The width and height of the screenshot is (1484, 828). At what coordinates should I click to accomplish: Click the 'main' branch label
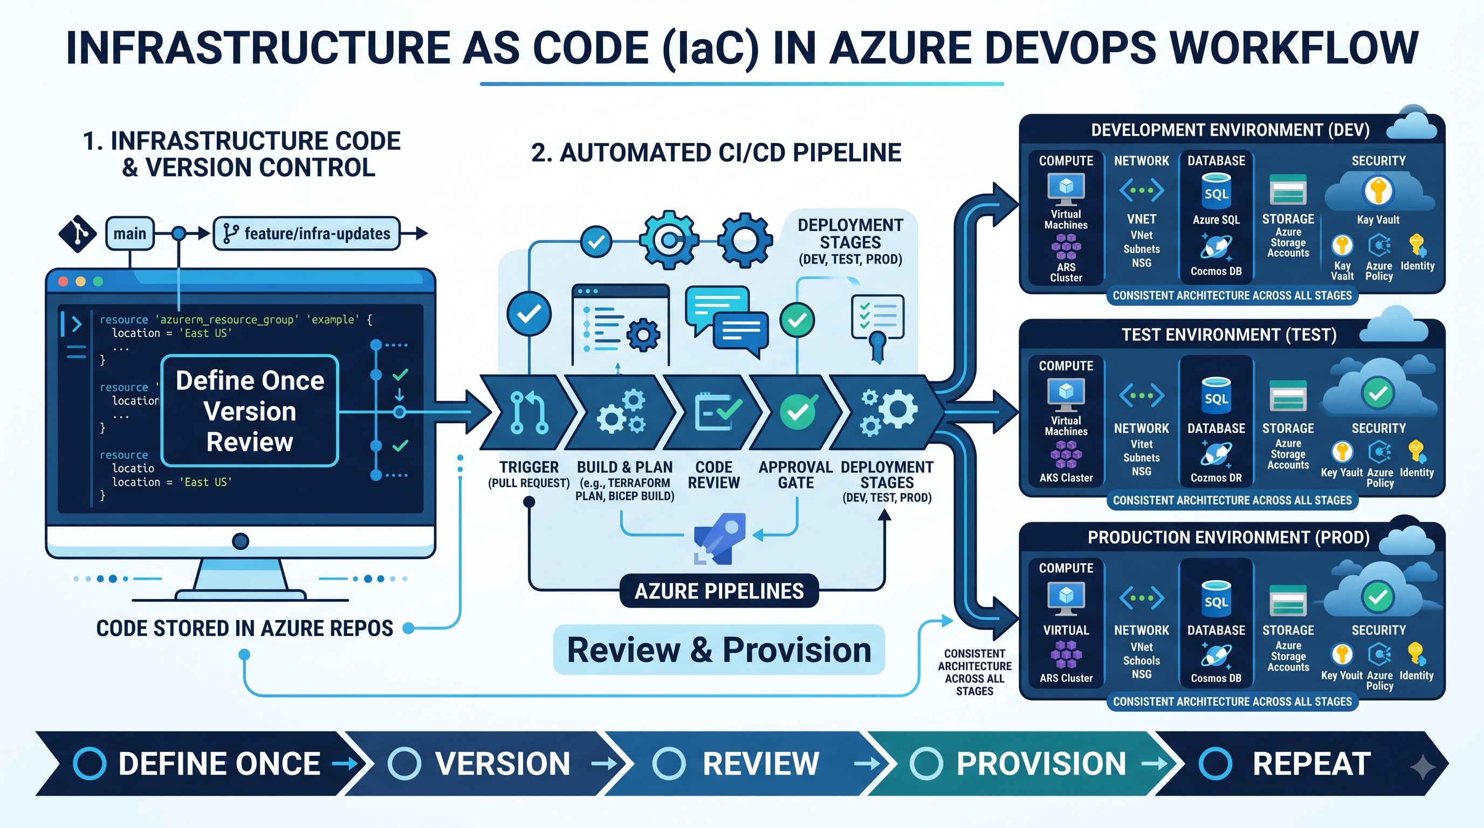pyautogui.click(x=129, y=233)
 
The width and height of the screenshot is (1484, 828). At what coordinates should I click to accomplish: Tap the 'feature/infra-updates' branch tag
pyautogui.click(x=306, y=233)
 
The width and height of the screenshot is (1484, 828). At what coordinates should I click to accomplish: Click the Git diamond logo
pyautogui.click(x=78, y=234)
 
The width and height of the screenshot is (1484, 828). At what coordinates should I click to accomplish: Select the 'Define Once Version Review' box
pyautogui.click(x=250, y=411)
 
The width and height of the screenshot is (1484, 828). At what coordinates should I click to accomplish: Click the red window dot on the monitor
pyautogui.click(x=64, y=281)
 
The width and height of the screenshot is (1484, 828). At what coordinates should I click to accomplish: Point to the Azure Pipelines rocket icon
pyautogui.click(x=720, y=539)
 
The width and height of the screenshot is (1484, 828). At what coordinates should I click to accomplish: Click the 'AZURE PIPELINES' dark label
pyautogui.click(x=719, y=591)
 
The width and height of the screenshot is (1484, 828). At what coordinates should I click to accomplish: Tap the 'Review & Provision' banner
pyautogui.click(x=719, y=650)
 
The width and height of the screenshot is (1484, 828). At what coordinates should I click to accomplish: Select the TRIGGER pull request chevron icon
pyautogui.click(x=528, y=412)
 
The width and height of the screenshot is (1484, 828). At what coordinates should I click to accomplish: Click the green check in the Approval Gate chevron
pyautogui.click(x=798, y=411)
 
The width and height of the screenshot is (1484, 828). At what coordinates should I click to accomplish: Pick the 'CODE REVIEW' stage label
pyautogui.click(x=714, y=475)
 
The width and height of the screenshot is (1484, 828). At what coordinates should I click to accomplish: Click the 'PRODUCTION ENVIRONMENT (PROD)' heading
pyautogui.click(x=1229, y=537)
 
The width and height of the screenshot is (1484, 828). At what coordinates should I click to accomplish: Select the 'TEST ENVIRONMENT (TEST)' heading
pyautogui.click(x=1229, y=335)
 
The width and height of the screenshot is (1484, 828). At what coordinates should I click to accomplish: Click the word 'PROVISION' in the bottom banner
pyautogui.click(x=1041, y=763)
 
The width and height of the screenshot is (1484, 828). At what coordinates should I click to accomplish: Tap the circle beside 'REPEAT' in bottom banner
pyautogui.click(x=1215, y=763)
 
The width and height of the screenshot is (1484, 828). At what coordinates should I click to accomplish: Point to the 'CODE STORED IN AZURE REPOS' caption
pyautogui.click(x=245, y=628)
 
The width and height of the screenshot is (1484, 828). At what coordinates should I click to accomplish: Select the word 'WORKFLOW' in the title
pyautogui.click(x=1289, y=48)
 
